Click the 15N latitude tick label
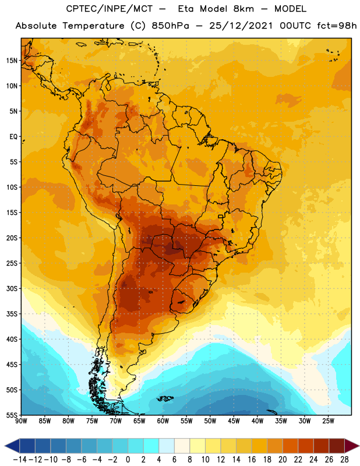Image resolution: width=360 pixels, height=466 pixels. click(x=12, y=61)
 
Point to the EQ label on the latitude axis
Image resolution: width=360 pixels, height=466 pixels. click(x=13, y=137)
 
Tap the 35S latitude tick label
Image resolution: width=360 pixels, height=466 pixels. click(x=12, y=314)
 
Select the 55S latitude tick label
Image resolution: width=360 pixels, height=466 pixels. click(x=12, y=415)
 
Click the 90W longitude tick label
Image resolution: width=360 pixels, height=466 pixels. click(x=21, y=421)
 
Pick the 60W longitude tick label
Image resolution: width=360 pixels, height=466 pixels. click(x=163, y=421)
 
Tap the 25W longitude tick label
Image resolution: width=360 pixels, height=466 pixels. click(x=328, y=421)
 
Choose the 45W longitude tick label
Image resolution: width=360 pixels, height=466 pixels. click(x=234, y=421)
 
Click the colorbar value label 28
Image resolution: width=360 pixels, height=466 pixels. click(x=344, y=460)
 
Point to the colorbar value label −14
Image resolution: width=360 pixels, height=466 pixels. click(x=20, y=460)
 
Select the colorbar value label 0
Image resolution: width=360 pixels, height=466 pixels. click(x=128, y=460)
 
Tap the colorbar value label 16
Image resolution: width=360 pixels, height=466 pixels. click(x=252, y=460)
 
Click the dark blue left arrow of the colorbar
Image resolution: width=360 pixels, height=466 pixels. click(x=12, y=446)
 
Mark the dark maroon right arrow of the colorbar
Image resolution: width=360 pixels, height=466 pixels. click(x=352, y=446)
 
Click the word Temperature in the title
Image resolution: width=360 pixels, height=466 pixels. click(x=93, y=26)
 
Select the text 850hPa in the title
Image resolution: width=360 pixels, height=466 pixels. click(x=170, y=26)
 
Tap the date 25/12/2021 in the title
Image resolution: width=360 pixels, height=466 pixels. click(x=241, y=26)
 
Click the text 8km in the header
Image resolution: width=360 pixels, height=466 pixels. click(x=243, y=9)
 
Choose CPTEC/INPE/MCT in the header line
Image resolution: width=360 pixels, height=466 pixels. click(x=110, y=9)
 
